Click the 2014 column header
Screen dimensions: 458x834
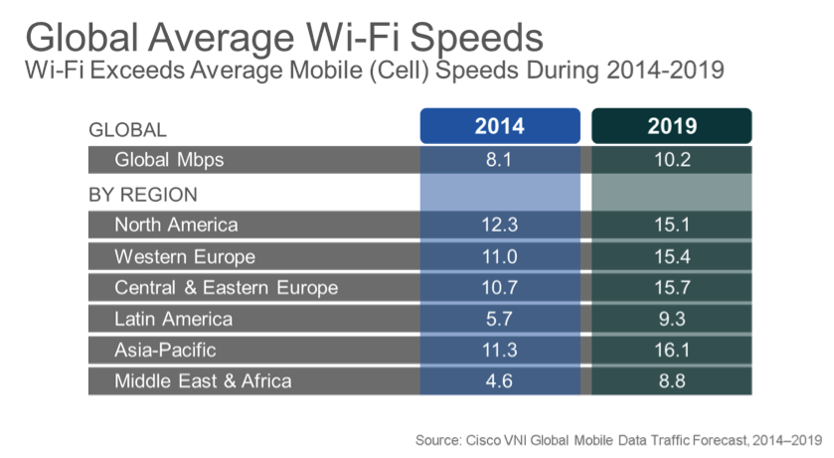pos(499,127)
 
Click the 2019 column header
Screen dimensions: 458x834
pos(671,127)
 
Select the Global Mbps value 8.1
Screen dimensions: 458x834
pos(499,160)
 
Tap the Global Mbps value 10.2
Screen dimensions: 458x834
pos(671,160)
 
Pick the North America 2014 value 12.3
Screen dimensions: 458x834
pos(499,225)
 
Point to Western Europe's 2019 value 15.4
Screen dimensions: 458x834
pos(671,256)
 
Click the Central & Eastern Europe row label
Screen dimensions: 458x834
pos(226,288)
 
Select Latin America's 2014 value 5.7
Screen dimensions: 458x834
pos(499,319)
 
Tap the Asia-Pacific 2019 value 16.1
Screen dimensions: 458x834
pos(671,351)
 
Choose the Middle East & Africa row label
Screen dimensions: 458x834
pos(203,382)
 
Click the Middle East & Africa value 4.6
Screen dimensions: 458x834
pos(499,382)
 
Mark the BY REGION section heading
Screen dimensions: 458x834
pos(143,194)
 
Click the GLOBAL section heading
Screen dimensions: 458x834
pos(127,129)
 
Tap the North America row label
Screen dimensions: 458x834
pos(176,225)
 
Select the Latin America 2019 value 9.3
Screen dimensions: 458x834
pos(671,319)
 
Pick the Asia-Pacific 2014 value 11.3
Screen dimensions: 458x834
pos(499,351)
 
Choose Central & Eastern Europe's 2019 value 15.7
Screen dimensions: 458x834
pos(671,288)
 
